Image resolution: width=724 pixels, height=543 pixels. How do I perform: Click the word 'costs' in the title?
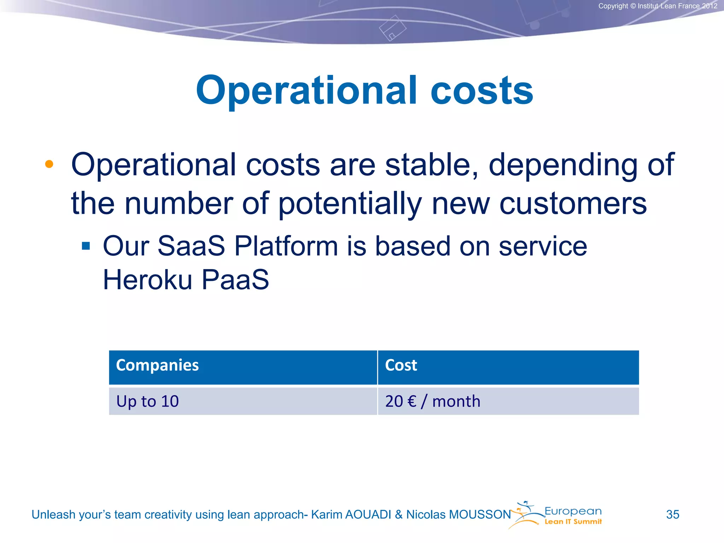click(481, 91)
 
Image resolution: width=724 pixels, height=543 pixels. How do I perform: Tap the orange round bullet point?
click(49, 164)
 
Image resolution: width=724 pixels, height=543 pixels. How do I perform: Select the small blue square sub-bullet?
click(86, 246)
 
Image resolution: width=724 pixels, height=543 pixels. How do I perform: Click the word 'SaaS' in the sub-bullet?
click(191, 246)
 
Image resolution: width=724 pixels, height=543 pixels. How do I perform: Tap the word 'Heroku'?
click(147, 280)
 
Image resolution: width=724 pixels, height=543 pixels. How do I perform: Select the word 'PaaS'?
click(235, 280)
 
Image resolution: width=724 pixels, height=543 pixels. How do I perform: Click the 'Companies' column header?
click(157, 365)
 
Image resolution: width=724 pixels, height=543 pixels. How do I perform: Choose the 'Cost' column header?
click(401, 365)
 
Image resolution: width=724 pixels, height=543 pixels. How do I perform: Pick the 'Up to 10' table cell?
click(147, 401)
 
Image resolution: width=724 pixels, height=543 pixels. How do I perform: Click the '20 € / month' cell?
click(432, 401)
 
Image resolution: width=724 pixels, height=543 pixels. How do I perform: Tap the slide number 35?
click(672, 514)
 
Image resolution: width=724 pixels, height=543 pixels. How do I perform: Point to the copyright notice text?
click(658, 6)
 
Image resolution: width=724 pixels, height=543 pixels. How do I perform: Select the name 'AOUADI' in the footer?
click(368, 515)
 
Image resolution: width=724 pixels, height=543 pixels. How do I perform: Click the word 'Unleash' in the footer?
click(53, 515)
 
